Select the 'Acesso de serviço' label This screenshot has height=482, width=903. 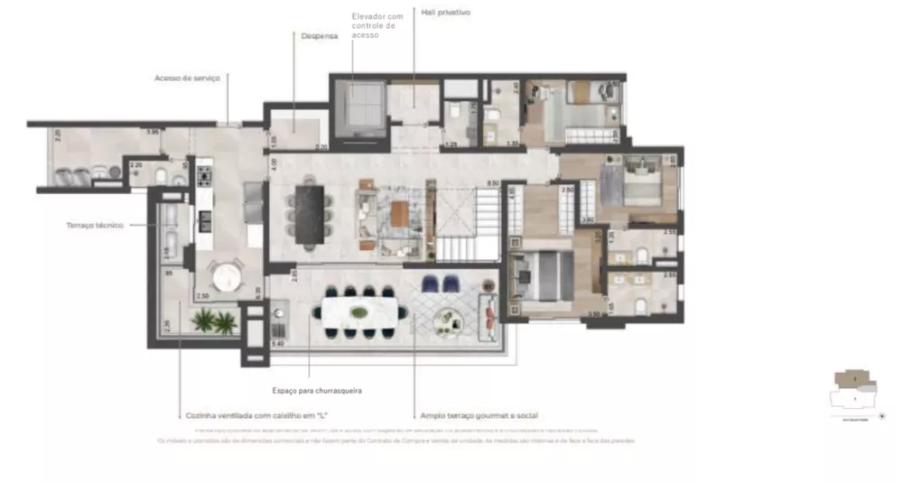tap(187, 79)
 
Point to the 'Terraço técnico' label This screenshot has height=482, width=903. tap(94, 225)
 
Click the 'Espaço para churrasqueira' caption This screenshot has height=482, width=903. tap(310, 391)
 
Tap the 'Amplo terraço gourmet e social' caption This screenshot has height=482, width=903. tap(479, 415)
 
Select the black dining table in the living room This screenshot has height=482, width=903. tap(310, 213)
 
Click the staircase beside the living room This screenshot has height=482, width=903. tap(468, 226)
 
